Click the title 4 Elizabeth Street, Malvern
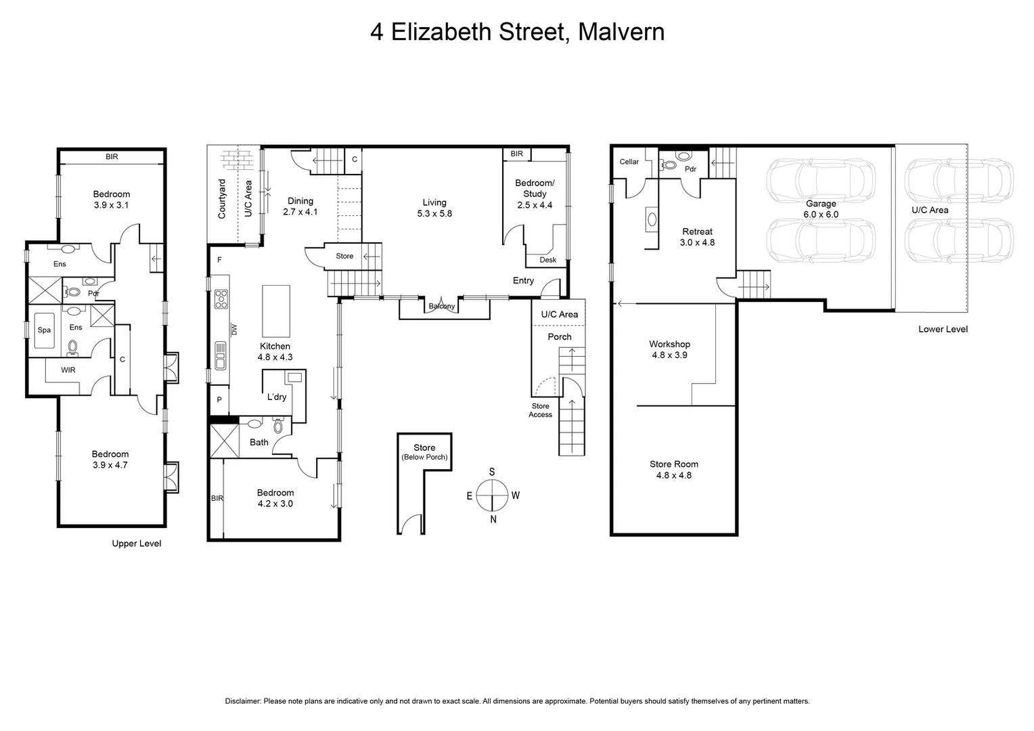[x=517, y=32]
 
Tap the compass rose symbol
[x=492, y=495]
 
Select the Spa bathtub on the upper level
[x=44, y=330]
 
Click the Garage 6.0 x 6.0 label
[x=821, y=208]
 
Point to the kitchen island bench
[x=275, y=311]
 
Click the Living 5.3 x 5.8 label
[x=434, y=207]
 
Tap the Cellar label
[x=629, y=162]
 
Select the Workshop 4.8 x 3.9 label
[x=669, y=349]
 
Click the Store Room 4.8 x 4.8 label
[x=673, y=469]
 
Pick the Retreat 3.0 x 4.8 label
[x=697, y=237]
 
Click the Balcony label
[x=442, y=307]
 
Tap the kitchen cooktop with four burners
[x=221, y=298]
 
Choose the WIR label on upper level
[x=68, y=370]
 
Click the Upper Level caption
[x=136, y=544]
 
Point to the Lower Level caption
[x=943, y=329]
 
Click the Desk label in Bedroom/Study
[x=547, y=260]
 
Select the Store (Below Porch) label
[x=424, y=451]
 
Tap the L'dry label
[x=276, y=397]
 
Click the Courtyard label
[x=221, y=198]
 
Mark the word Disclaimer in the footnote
[x=242, y=701]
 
